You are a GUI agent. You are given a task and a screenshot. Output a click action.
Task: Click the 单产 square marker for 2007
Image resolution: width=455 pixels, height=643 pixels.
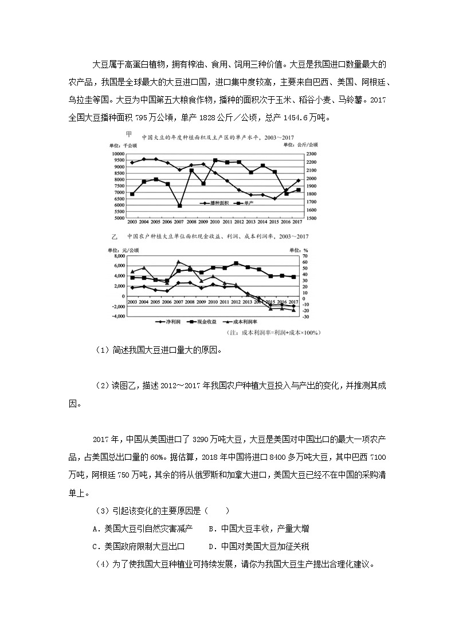tap(179, 206)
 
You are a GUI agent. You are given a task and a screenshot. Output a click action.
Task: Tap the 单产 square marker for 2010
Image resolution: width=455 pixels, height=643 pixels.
tap(215, 160)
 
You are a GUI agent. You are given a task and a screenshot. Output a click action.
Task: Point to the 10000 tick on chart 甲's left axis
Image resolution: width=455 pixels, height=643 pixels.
tap(117, 155)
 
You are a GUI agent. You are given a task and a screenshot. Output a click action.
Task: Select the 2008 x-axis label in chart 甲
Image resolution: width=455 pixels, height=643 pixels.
tap(191, 222)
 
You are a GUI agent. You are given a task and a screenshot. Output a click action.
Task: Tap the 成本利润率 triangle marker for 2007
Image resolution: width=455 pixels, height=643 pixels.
tap(179, 262)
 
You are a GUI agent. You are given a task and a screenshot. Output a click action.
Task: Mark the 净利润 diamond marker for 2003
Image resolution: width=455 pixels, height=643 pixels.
tap(132, 287)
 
